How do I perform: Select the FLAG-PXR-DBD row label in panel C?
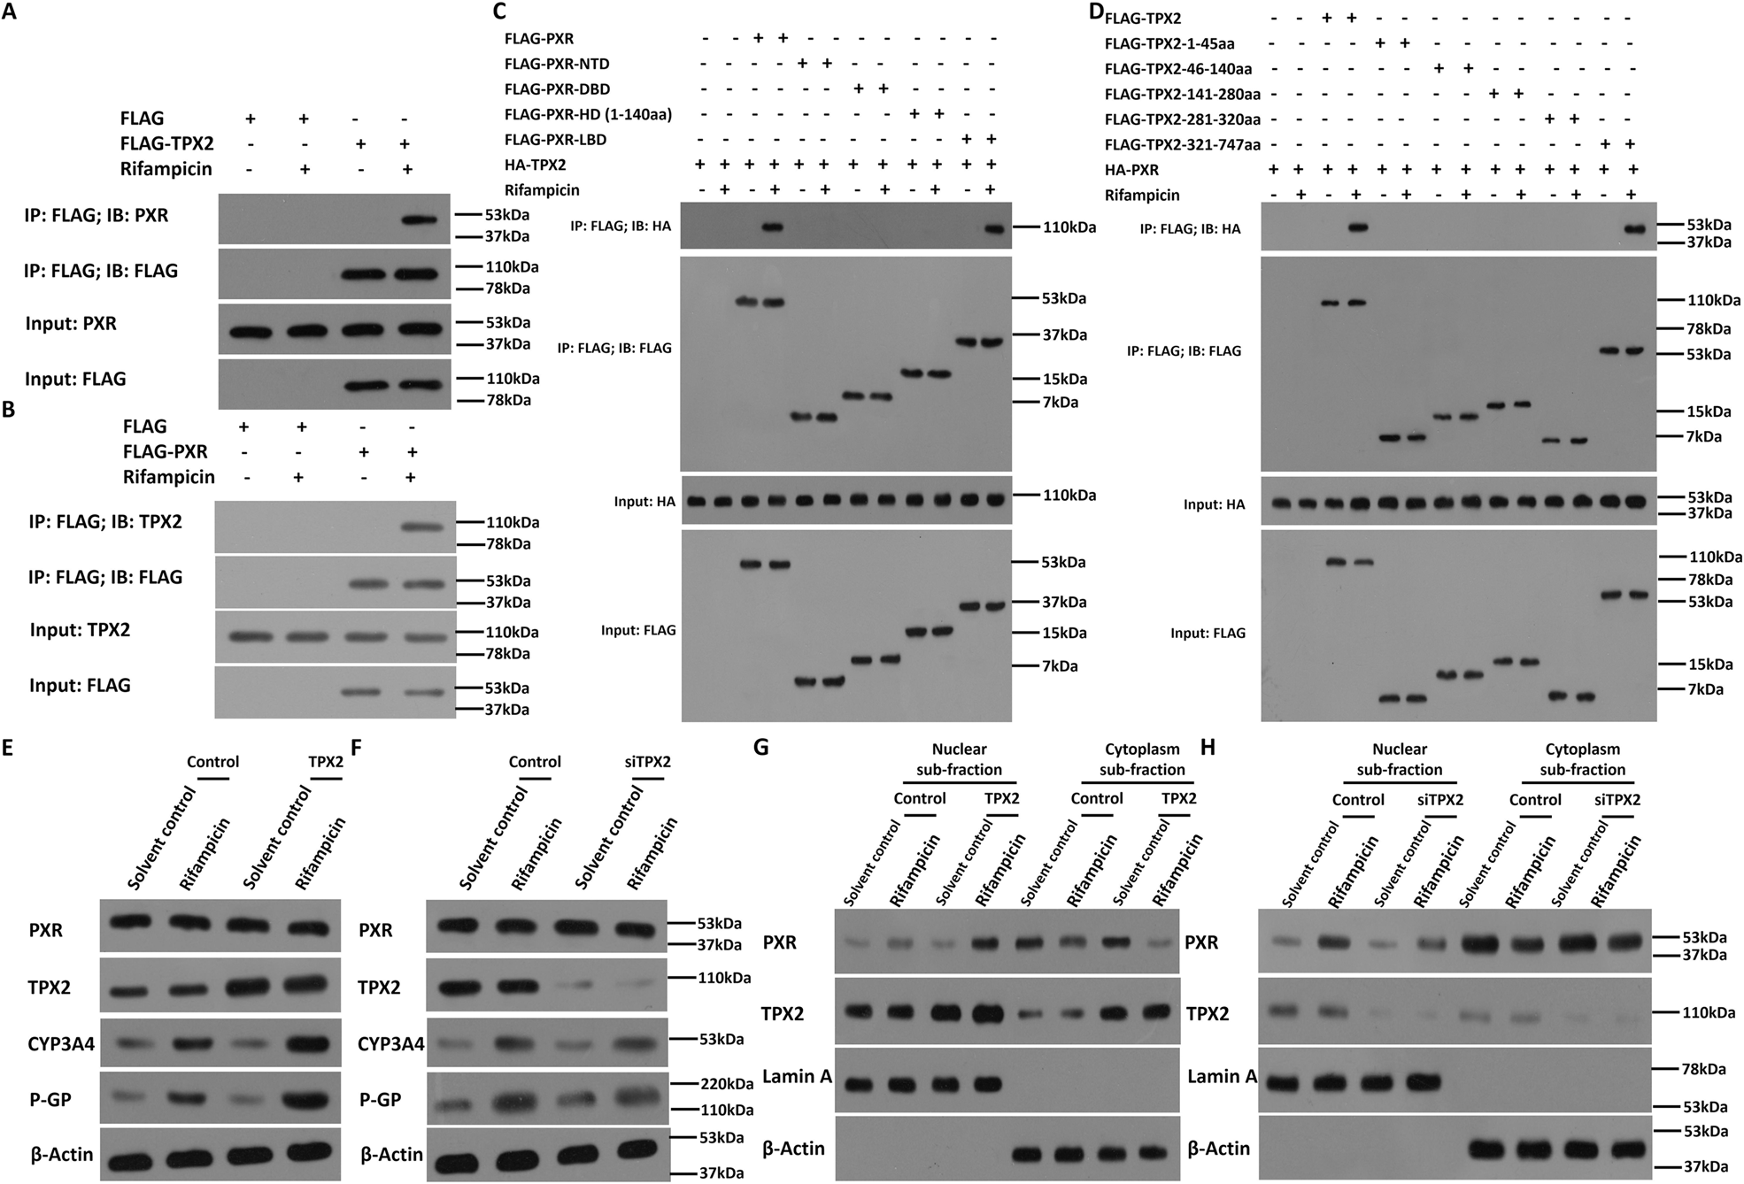tap(557, 89)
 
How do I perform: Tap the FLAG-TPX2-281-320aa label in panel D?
tap(1183, 119)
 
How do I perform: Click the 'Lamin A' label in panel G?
tap(797, 1076)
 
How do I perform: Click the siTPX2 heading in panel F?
tap(642, 762)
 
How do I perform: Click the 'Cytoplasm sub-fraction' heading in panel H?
tap(1582, 759)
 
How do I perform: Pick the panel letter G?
tap(760, 749)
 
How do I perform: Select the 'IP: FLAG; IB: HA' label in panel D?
tap(1190, 229)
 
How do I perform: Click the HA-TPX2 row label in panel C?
tap(535, 165)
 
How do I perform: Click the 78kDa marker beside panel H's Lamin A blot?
tap(1702, 1069)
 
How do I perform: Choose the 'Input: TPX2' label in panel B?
tap(80, 630)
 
